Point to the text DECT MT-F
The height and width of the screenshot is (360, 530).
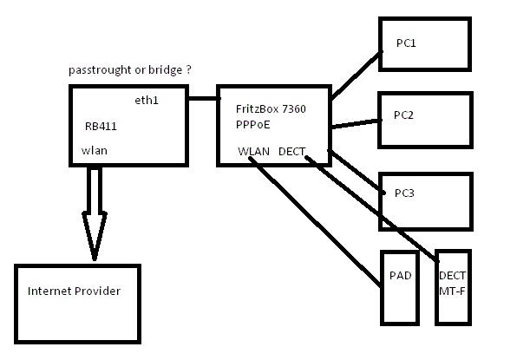(x=453, y=283)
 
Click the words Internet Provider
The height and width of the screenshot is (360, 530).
(x=75, y=291)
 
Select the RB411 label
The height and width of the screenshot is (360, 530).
(x=101, y=125)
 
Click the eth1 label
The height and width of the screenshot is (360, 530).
(x=147, y=101)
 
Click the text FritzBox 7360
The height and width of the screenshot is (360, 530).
(x=271, y=109)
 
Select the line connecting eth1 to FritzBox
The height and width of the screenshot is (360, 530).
(x=202, y=98)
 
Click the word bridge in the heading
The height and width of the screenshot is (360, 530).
(x=163, y=69)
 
